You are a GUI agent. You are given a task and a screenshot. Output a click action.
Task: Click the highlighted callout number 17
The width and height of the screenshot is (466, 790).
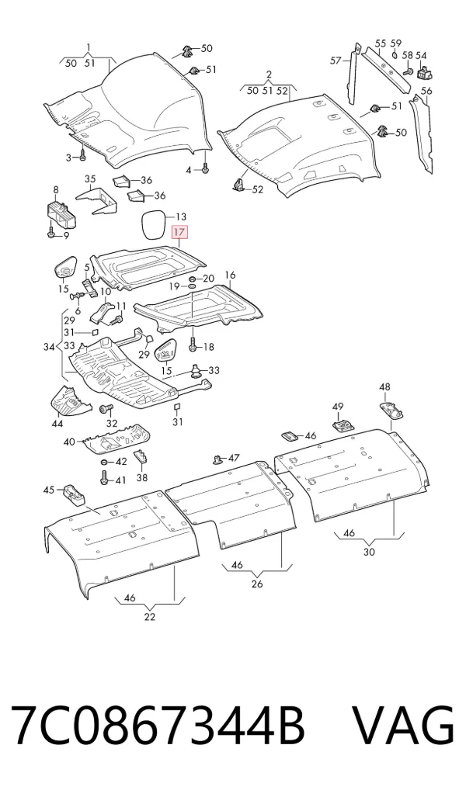[180, 232]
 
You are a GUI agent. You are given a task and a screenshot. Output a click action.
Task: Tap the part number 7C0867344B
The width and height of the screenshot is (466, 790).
[158, 725]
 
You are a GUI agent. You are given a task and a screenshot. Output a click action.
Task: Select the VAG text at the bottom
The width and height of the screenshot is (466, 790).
[402, 725]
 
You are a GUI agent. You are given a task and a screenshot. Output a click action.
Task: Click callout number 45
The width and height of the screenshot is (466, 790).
[48, 490]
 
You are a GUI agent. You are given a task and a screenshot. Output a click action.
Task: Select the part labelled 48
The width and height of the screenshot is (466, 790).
[392, 410]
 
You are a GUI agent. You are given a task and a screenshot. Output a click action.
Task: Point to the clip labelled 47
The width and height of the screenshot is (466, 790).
[218, 459]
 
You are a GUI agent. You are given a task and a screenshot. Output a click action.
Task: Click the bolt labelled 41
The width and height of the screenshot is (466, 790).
[104, 477]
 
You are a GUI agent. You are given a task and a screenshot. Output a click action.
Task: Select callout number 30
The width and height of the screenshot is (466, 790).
[369, 552]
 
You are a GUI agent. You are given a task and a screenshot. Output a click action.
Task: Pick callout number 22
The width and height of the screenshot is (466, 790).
[150, 617]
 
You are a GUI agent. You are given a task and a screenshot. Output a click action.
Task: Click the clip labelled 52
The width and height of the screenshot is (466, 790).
[240, 185]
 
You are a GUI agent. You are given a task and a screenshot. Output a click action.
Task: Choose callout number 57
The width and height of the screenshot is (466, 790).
[336, 61]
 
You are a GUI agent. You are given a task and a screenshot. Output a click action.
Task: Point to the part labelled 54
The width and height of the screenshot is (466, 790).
[424, 73]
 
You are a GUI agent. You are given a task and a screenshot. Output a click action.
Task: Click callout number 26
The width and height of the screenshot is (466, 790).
[257, 584]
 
